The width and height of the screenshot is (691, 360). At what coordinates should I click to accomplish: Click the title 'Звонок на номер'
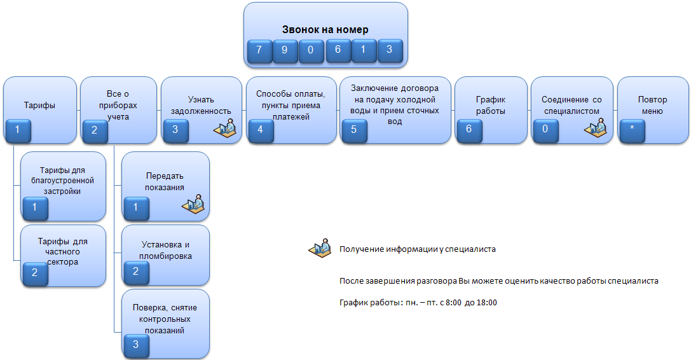click(325, 29)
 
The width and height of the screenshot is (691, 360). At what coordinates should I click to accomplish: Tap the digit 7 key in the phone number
click(259, 51)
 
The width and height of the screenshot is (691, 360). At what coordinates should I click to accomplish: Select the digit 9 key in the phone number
click(285, 51)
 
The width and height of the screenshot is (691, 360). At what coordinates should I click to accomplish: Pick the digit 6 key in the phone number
click(338, 50)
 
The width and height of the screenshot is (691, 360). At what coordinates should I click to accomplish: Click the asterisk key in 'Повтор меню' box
click(632, 130)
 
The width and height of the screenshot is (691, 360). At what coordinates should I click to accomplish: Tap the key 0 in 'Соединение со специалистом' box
click(545, 130)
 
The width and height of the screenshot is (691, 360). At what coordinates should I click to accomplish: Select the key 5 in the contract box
click(354, 130)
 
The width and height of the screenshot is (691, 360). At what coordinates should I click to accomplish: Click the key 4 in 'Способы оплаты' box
click(261, 130)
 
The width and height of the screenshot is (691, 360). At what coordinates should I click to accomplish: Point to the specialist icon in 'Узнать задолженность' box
click(225, 128)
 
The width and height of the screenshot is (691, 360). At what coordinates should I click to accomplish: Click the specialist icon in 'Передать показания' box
click(193, 204)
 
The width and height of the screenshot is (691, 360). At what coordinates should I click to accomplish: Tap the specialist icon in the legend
click(320, 248)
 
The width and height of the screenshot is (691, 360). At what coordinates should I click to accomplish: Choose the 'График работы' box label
click(491, 106)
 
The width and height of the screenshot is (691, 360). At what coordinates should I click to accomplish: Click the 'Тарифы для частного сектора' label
click(62, 251)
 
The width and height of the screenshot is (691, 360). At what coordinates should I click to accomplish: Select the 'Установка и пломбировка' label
click(165, 250)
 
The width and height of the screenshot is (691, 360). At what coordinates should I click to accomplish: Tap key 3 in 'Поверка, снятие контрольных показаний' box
click(136, 345)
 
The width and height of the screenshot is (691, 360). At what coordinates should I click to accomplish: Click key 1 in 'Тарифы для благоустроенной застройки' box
click(35, 208)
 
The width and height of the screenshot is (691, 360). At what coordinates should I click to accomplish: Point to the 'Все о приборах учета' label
click(118, 106)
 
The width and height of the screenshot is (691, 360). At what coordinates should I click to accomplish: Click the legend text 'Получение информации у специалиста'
click(417, 249)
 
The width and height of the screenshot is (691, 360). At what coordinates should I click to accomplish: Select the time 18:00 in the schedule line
click(487, 303)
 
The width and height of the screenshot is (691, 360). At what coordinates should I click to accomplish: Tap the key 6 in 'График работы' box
click(469, 130)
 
